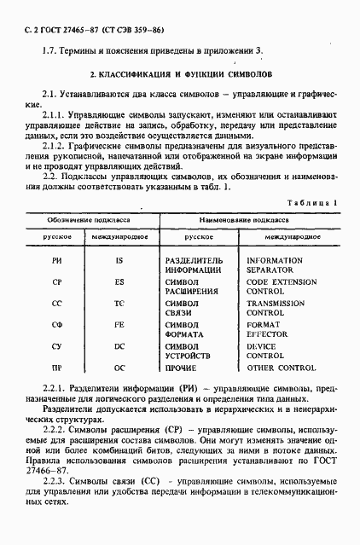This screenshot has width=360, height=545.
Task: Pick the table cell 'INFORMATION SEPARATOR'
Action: pyautogui.click(x=274, y=264)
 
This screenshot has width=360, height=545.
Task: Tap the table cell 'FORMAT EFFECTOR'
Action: pyautogui.click(x=270, y=330)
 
